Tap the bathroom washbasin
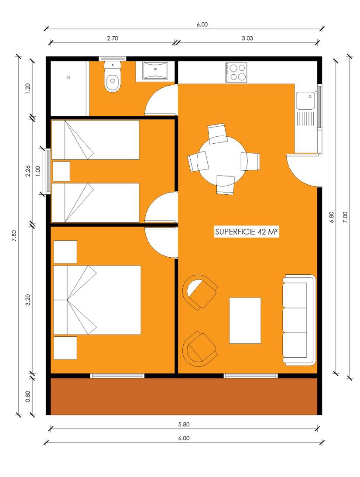pyautogui.click(x=155, y=71)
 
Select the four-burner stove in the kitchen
pyautogui.click(x=236, y=73)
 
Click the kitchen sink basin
pyautogui.click(x=306, y=101)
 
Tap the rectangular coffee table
pyautogui.click(x=245, y=321)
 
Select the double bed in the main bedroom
pyautogui.click(x=97, y=300)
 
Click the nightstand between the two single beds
pyautogui.click(x=62, y=171)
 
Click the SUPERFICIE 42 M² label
pyautogui.click(x=247, y=232)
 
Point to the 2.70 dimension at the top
pyautogui.click(x=113, y=38)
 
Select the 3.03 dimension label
pyautogui.click(x=247, y=38)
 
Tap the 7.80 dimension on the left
pyautogui.click(x=14, y=236)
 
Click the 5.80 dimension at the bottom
pyautogui.click(x=184, y=425)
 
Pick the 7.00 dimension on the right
pyautogui.click(x=345, y=217)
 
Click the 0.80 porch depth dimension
pyautogui.click(x=28, y=396)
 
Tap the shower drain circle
pyautogui.click(x=69, y=78)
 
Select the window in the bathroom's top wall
pyautogui.click(x=113, y=59)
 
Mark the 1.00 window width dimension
pyautogui.click(x=38, y=170)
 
